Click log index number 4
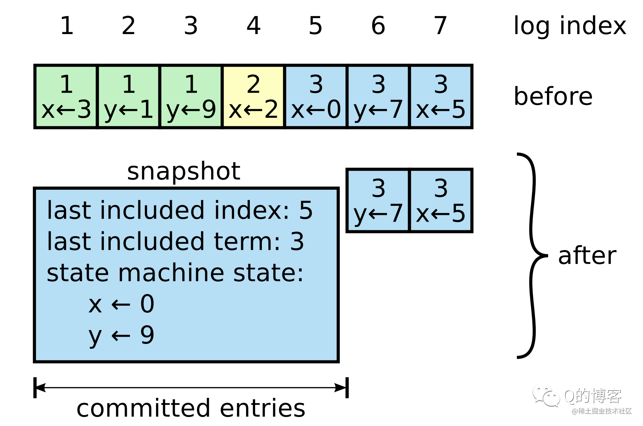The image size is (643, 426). click(x=254, y=25)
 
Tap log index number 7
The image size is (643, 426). click(x=440, y=25)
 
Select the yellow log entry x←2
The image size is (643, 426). click(x=253, y=96)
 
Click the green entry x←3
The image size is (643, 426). click(x=66, y=96)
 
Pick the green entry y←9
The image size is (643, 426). click(x=191, y=96)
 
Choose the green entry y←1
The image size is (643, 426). click(x=128, y=96)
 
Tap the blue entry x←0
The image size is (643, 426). click(x=316, y=96)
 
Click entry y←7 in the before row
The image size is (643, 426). click(x=378, y=96)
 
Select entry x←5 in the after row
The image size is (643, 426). click(x=441, y=201)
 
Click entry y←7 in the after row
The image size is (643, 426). click(x=378, y=201)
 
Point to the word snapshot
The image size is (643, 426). click(x=183, y=171)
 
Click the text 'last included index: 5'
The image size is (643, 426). click(x=180, y=210)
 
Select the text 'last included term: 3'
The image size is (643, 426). click(x=175, y=241)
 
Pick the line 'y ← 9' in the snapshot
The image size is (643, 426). click(x=121, y=335)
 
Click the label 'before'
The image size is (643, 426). click(x=553, y=96)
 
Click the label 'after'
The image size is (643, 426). click(x=587, y=256)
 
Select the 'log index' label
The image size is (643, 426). click(x=569, y=25)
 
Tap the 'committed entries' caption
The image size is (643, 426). click(x=191, y=408)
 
